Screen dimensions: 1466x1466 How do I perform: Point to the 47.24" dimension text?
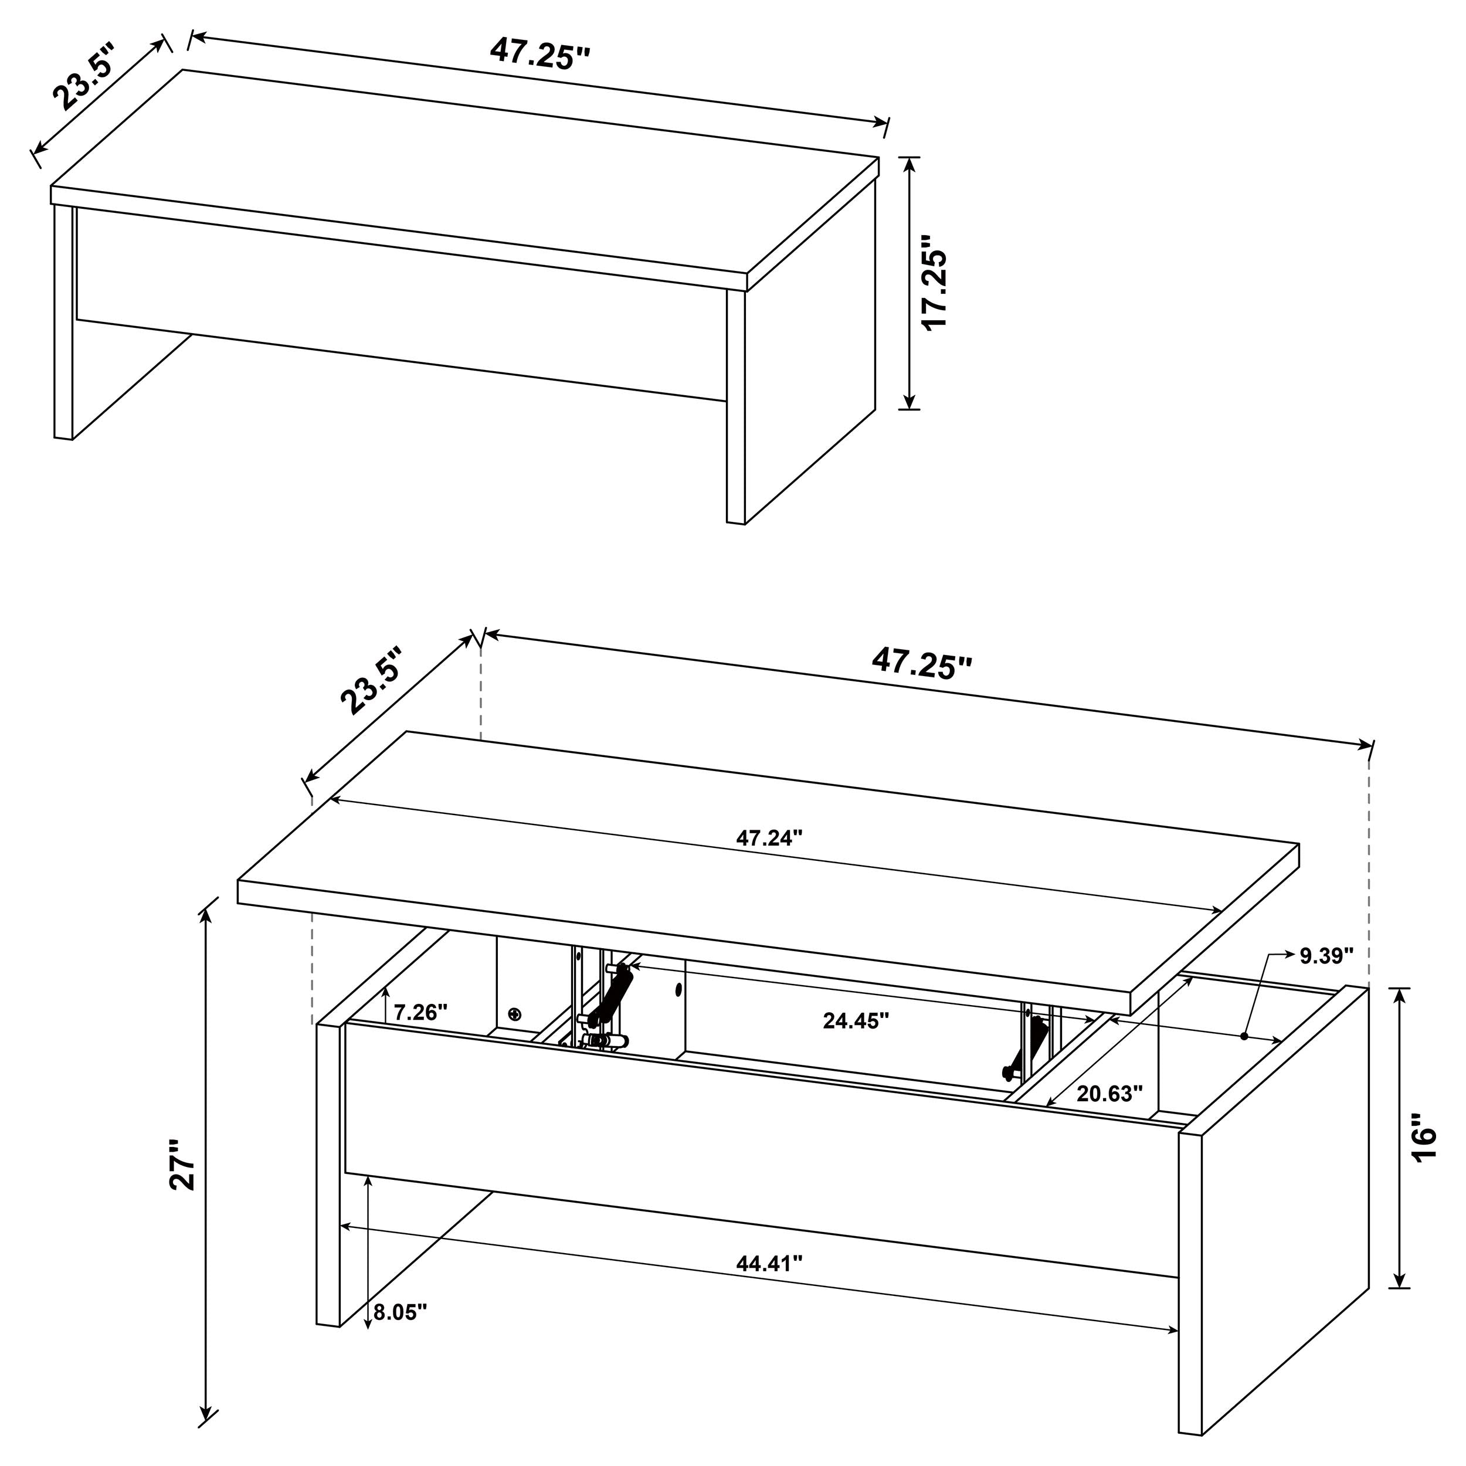[x=769, y=838]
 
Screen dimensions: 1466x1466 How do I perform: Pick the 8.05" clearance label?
[x=401, y=1311]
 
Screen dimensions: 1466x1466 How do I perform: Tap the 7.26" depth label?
[x=420, y=1012]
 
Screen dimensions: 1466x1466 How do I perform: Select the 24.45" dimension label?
[x=856, y=1020]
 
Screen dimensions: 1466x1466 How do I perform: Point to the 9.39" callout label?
[x=1326, y=956]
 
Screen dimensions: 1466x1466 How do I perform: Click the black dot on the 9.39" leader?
[x=1245, y=1035]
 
